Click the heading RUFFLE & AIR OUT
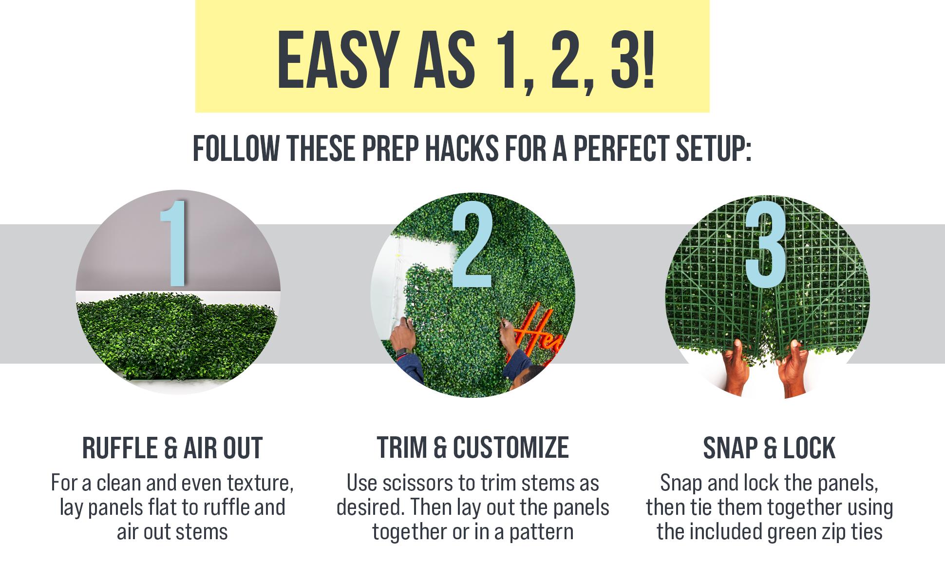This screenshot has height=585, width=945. pyautogui.click(x=172, y=448)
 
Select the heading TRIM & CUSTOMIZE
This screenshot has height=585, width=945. pyautogui.click(x=472, y=448)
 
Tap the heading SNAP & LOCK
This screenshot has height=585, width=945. pyautogui.click(x=769, y=448)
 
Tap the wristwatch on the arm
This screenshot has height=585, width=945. pyautogui.click(x=402, y=351)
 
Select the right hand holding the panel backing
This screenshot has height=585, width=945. pyautogui.click(x=792, y=368)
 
